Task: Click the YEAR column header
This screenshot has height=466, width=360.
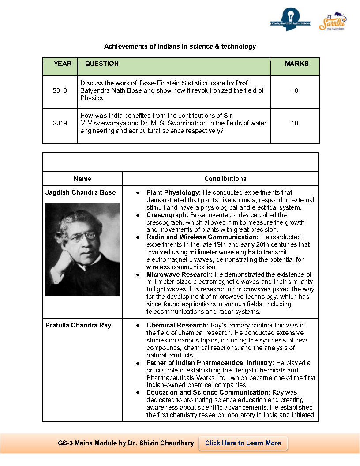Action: click(x=62, y=64)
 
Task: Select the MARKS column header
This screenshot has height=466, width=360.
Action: click(x=296, y=64)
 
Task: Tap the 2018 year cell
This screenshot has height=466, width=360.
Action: click(x=60, y=91)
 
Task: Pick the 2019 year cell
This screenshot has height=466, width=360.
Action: click(x=60, y=123)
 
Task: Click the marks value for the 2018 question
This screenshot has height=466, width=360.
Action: click(x=295, y=91)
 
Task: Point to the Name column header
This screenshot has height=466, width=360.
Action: click(x=82, y=179)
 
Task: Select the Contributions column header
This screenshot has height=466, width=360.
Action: click(x=225, y=179)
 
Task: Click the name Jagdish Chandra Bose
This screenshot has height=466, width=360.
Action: click(x=80, y=192)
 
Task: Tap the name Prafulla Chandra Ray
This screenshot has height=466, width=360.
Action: click(x=78, y=325)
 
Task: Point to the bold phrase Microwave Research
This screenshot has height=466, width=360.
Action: click(x=176, y=274)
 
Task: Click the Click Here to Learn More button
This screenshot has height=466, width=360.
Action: click(x=243, y=443)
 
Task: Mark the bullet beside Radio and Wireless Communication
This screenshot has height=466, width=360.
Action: click(x=138, y=237)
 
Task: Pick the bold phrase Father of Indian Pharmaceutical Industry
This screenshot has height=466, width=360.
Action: click(x=210, y=363)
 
